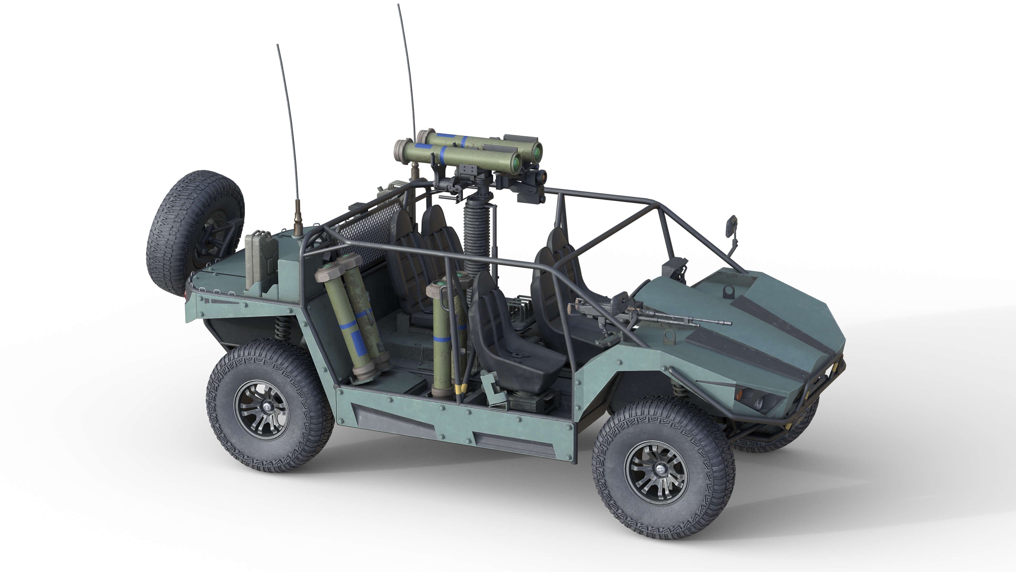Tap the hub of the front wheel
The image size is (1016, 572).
(x=656, y=472)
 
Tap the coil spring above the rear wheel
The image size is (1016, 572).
(x=283, y=328)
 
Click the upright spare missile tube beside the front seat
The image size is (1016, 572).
(x=442, y=339)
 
